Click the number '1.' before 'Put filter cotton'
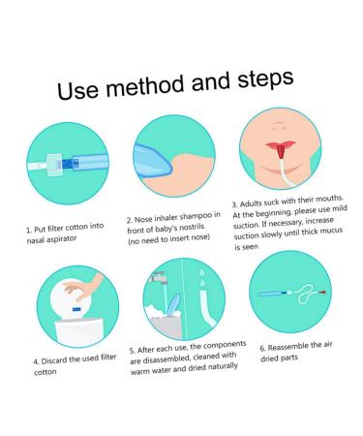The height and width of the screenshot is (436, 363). click(28, 231)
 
